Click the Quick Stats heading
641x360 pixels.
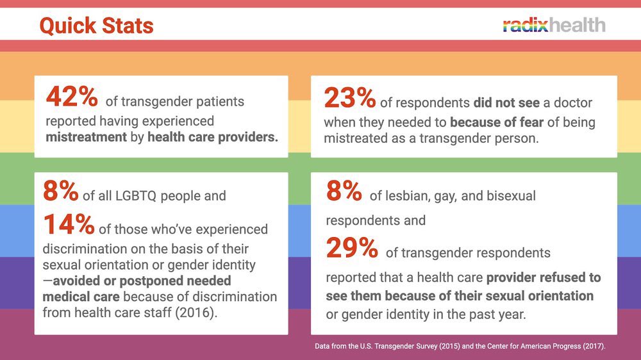tap(96, 26)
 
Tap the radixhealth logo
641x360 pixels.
tap(554, 25)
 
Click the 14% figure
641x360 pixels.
tap(69, 225)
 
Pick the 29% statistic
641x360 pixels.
tap(352, 248)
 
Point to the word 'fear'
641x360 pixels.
tap(517, 121)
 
